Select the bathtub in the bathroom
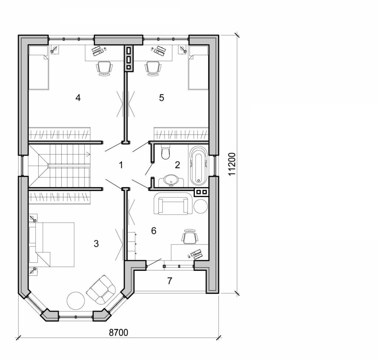pos(199,166)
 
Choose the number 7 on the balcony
pos(169,281)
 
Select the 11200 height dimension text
pos(231,163)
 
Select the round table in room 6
pos(201,206)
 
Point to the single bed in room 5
pos(199,68)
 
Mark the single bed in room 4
pos(39,68)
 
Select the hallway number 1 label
pos(121,165)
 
